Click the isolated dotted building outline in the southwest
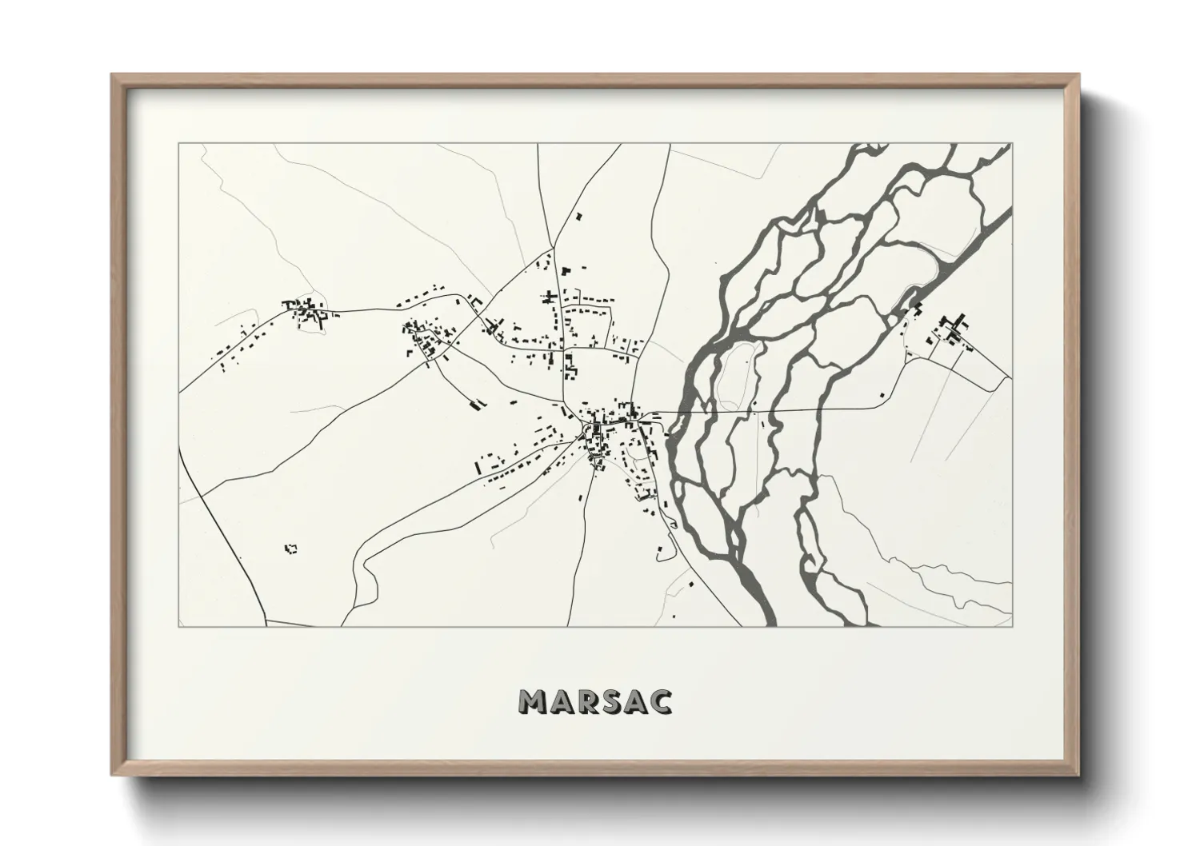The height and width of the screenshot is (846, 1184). pos(291,549)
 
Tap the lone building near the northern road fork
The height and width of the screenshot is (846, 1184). pos(578,216)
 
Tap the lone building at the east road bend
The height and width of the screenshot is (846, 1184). pos(882,394)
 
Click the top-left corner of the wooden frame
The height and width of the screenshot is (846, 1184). pos(113,75)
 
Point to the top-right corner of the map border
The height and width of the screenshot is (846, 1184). pos(1012,144)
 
